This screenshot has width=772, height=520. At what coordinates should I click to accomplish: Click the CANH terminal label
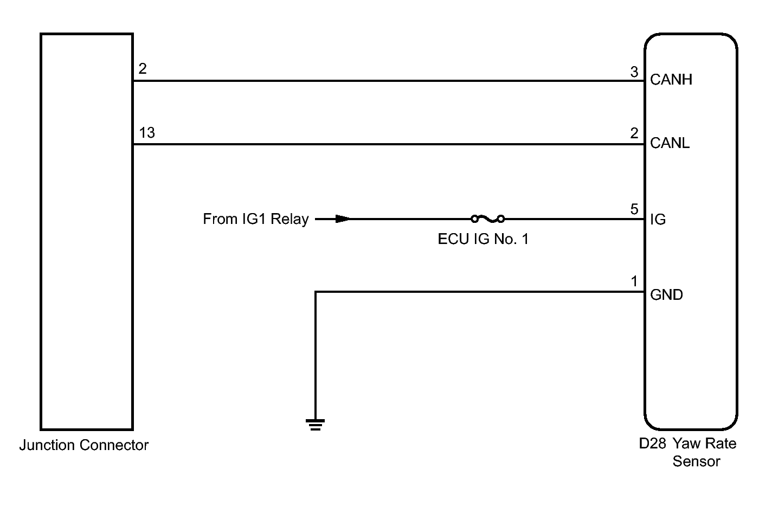671,80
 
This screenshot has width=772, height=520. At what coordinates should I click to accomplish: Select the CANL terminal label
670,143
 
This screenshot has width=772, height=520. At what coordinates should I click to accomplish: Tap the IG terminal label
658,220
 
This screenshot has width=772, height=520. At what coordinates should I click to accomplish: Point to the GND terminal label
666,295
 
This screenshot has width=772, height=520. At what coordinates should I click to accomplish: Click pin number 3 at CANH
634,72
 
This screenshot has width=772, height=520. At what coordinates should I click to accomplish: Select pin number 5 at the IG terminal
634,210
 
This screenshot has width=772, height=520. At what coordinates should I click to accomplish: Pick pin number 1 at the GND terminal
634,281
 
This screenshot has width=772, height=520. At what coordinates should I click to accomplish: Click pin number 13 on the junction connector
147,132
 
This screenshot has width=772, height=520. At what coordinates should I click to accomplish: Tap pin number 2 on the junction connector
143,69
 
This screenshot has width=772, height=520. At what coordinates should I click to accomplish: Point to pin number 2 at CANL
634,133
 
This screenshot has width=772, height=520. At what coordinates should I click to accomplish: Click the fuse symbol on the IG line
487,219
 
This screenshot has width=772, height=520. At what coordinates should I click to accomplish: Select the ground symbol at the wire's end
315,424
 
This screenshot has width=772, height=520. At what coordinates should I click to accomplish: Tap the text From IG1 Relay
255,219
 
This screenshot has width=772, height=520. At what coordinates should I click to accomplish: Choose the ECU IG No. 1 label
483,239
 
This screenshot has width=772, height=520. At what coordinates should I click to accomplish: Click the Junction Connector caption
84,445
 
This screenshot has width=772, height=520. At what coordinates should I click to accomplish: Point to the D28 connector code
652,444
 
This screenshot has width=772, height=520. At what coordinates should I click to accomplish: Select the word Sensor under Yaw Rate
696,461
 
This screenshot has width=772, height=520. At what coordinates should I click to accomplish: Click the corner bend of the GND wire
316,292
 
